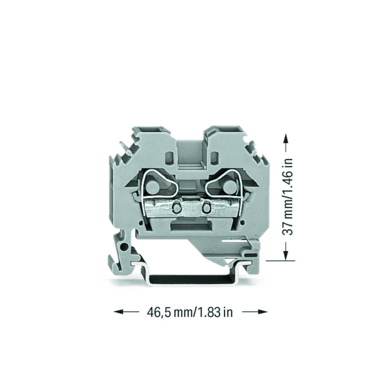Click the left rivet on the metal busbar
(x=177, y=207)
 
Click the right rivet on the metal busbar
(x=206, y=207)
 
